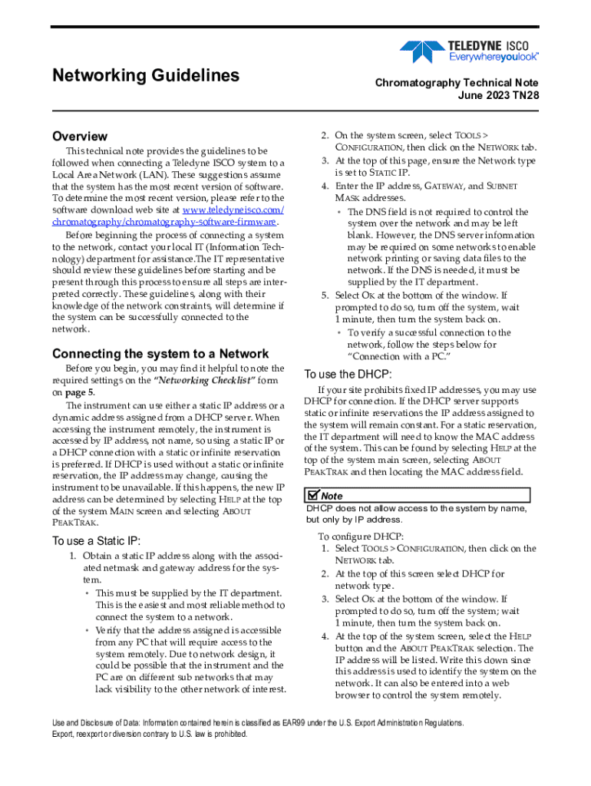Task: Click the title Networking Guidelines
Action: click(146, 75)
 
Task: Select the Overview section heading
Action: click(80, 136)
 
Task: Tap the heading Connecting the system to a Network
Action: click(160, 354)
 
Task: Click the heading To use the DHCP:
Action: click(348, 374)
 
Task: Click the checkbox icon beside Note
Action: click(312, 495)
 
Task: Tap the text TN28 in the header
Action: click(524, 96)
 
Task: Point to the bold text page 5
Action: click(81, 392)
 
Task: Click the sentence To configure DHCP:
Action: click(360, 537)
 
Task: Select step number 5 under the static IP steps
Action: click(325, 296)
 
